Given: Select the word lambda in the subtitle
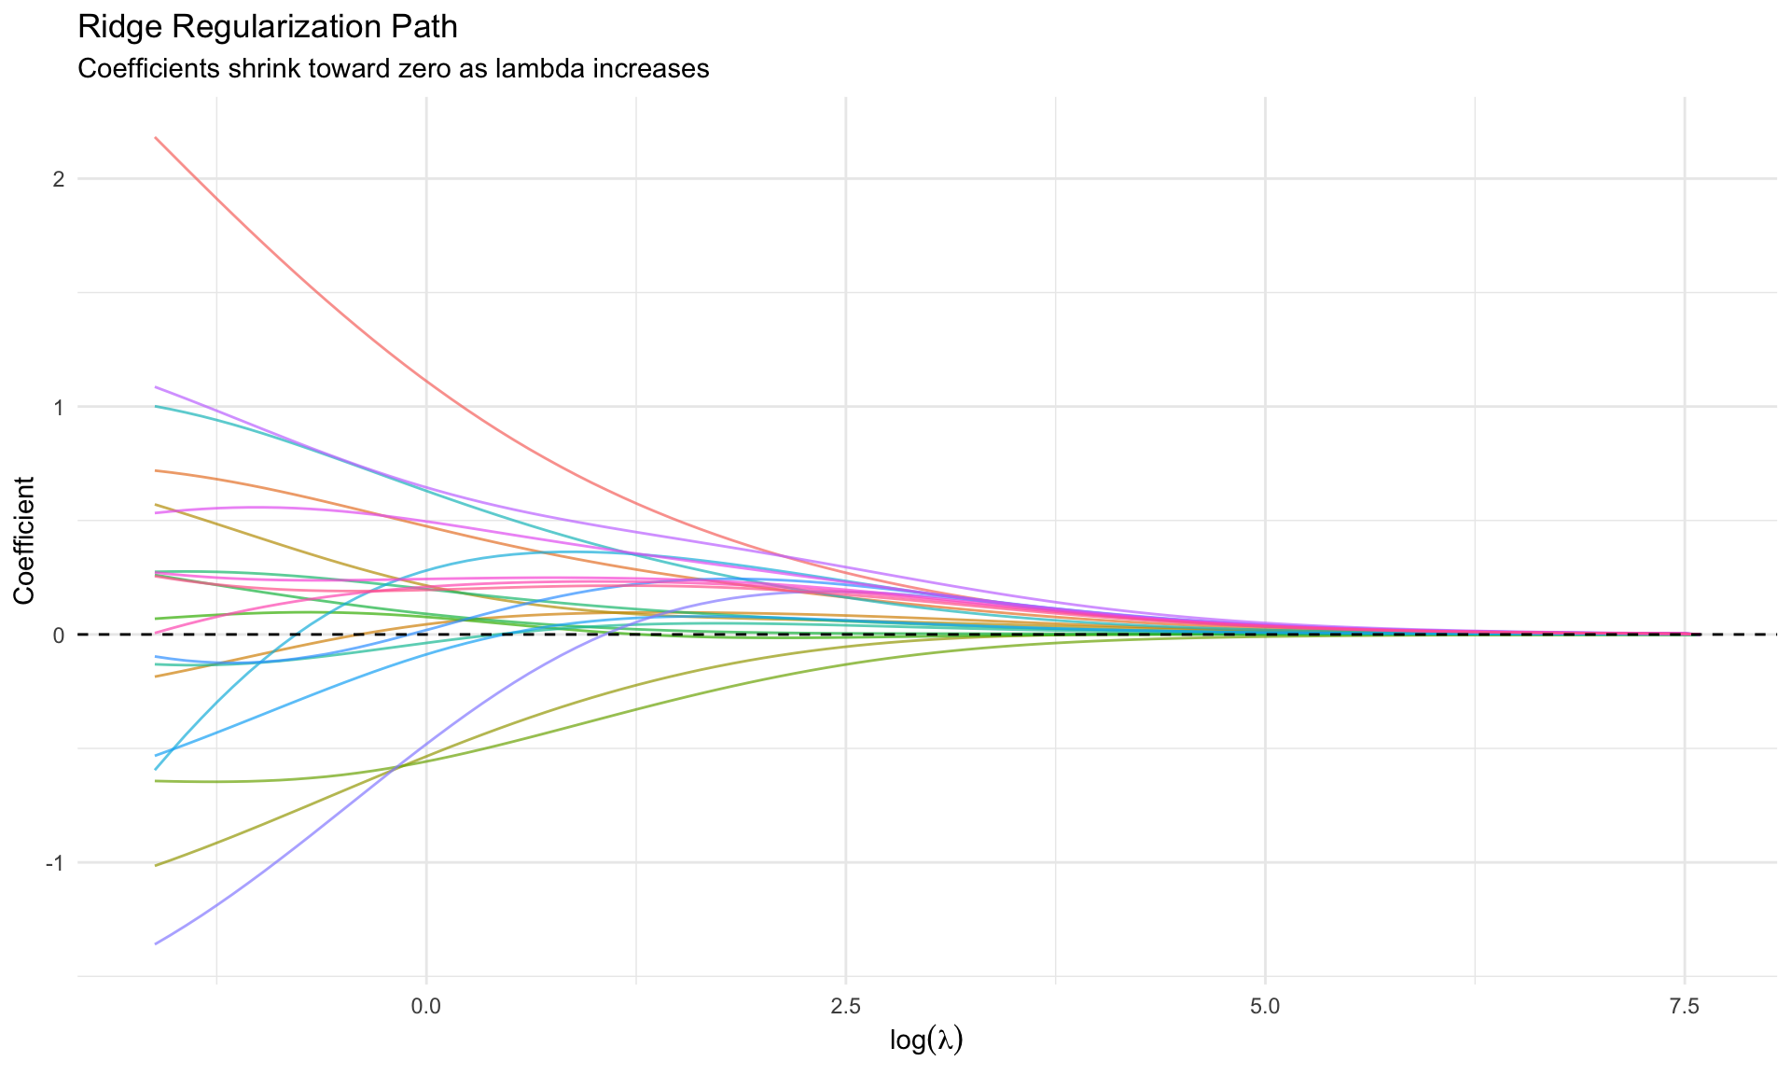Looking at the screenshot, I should click(x=529, y=69).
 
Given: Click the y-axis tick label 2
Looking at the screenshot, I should click(x=58, y=179).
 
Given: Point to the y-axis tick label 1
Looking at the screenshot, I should click(x=58, y=407).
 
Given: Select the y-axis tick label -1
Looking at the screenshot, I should click(x=54, y=863).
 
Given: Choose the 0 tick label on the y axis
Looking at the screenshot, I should click(x=58, y=635).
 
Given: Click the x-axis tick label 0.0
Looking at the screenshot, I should click(x=426, y=1007).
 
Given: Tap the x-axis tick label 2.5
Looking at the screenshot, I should click(x=845, y=1007).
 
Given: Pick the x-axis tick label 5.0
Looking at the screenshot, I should click(x=1265, y=1007).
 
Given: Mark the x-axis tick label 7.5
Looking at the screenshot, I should click(x=1685, y=1007).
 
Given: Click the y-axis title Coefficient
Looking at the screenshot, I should click(x=24, y=540).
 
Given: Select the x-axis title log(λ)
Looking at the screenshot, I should click(x=926, y=1040).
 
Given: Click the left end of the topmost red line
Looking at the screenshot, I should click(x=156, y=138).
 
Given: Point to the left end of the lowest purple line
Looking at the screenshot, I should click(x=156, y=943).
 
